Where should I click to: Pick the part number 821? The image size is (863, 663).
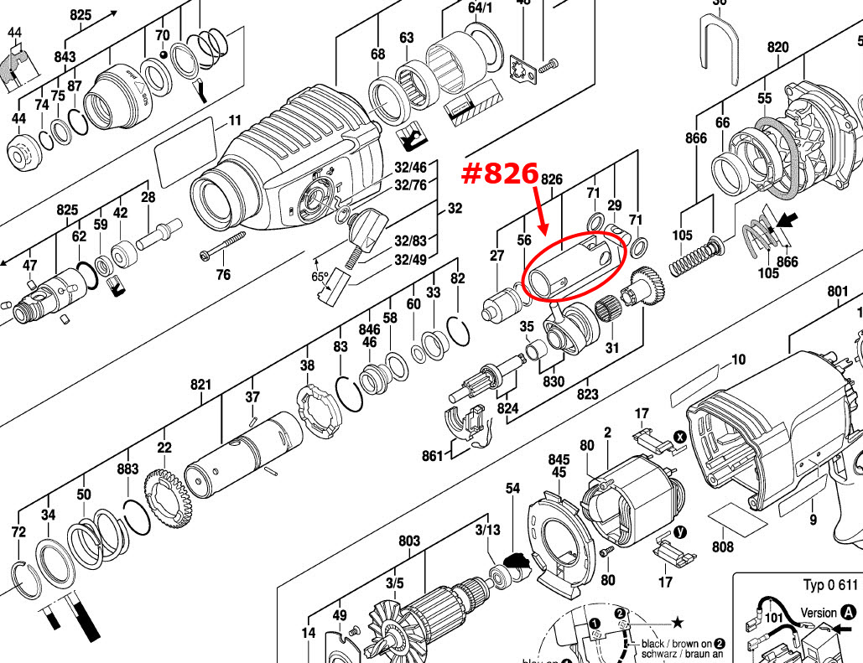(200, 385)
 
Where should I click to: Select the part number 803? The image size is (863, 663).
(409, 541)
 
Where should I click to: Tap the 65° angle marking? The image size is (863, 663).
(320, 276)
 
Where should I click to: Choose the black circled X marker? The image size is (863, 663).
(680, 437)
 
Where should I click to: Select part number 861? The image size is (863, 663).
(433, 456)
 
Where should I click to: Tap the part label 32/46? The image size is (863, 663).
(410, 168)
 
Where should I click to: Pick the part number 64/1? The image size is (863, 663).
(481, 8)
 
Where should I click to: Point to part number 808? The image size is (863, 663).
(723, 547)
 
